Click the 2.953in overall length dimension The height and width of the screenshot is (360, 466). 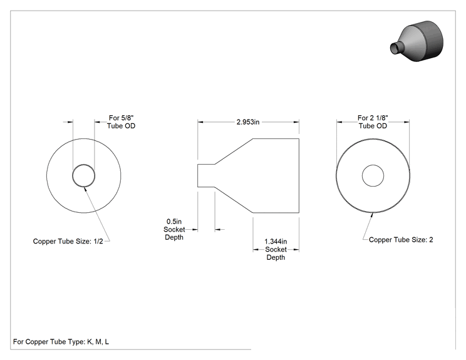coord(248,122)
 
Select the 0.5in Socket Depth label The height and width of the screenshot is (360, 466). coord(174,229)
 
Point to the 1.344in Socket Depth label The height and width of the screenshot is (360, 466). coord(276,249)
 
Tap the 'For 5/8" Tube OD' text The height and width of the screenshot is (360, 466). coord(122,122)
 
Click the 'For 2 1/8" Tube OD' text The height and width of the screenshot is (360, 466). coord(373,122)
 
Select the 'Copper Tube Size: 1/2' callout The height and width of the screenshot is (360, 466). coord(68,241)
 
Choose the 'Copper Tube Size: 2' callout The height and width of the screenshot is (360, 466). coord(401,240)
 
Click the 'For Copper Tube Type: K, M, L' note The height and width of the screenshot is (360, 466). coord(61,342)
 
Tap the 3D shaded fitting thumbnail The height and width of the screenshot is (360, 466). coord(417,41)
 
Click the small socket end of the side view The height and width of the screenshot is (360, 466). coord(206,175)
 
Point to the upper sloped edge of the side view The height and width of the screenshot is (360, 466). coord(234,151)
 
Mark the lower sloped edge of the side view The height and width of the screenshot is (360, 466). coord(234,200)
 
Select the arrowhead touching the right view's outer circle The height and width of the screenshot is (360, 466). coord(371,215)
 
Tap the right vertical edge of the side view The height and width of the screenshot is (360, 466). coord(299,175)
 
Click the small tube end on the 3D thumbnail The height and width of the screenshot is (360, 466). coord(396,48)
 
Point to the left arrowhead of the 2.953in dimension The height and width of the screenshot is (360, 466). coord(200,122)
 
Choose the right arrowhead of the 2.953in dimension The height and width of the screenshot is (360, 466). coord(296,122)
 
